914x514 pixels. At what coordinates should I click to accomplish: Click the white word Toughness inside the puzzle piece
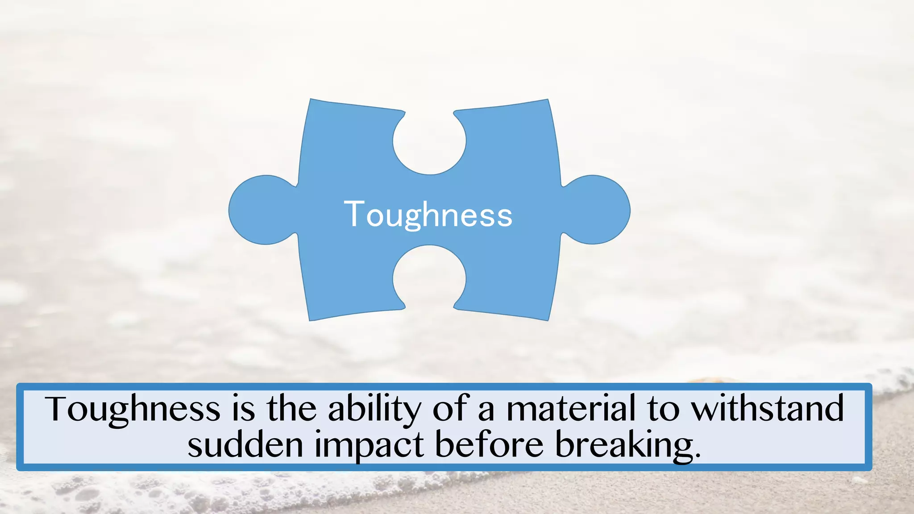click(428, 215)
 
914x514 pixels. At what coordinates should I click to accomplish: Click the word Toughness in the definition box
click(133, 408)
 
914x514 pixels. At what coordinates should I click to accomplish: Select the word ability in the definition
click(374, 409)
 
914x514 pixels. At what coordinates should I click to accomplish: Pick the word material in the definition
click(570, 408)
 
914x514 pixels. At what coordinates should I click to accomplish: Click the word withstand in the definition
click(768, 408)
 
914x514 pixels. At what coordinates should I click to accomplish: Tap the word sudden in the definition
click(245, 445)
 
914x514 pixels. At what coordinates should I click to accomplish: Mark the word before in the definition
click(489, 445)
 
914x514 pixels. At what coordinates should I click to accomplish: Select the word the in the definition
click(292, 408)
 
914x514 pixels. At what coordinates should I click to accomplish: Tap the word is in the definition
click(243, 408)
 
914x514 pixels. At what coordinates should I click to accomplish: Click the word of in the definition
click(450, 408)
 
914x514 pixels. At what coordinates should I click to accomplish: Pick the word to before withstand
click(663, 409)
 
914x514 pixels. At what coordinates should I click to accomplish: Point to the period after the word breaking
click(698, 456)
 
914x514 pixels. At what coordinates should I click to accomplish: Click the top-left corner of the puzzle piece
click(311, 100)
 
